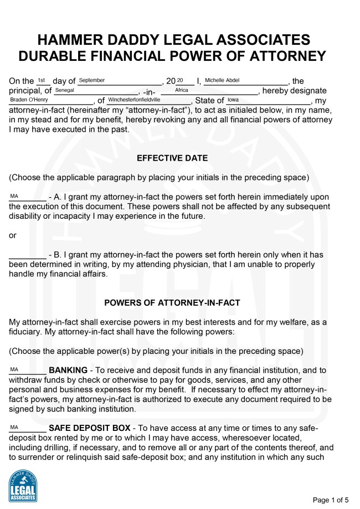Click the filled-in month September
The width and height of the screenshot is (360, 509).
pos(92,80)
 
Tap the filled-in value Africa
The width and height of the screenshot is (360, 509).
pos(181,90)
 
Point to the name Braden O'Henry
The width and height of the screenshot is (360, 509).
pos(29,100)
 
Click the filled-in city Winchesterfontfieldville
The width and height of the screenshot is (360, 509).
pos(134,100)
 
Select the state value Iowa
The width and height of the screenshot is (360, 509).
pos(233,100)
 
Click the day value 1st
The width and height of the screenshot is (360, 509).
pos(41,80)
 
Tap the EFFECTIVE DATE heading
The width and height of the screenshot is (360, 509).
pos(172,158)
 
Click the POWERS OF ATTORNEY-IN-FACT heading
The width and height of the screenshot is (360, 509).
pos(172,303)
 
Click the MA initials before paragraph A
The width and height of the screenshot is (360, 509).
pos(14,196)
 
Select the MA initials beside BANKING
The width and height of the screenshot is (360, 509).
pos(14,369)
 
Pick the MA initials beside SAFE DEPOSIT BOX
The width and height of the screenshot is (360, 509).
pos(14,427)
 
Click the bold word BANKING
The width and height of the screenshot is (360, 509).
pos(68,370)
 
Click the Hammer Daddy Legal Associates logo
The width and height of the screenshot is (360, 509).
pos(23,486)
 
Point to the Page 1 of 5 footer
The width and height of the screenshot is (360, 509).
pos(331,500)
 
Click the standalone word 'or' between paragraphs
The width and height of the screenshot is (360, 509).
pos(13,235)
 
